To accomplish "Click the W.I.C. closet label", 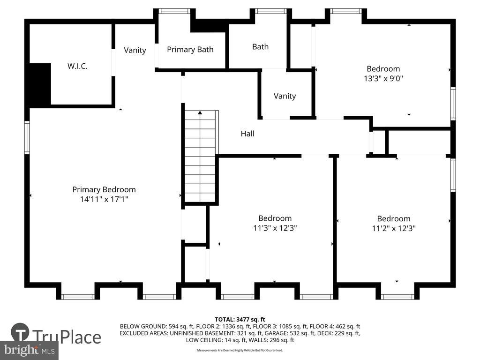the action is coord(77,66).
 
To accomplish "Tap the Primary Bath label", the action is coord(190,49).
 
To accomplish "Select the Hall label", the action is coord(247,134).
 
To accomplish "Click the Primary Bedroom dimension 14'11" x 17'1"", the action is coord(104,199).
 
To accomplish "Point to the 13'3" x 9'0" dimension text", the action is coord(383,78).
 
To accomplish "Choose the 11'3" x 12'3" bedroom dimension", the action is coord(275,228).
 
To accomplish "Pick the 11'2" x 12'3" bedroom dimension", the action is coord(394,228).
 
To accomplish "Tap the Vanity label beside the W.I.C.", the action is coord(135,50).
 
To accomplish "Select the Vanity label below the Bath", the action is coord(285,96).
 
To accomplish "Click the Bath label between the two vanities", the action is coord(261,46).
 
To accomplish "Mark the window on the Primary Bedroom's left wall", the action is coord(27,137).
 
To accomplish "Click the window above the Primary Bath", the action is coord(174,11).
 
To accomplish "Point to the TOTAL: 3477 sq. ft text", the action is coord(240,320).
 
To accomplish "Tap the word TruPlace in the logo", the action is coord(67,337).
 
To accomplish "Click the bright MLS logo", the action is coord(29,350).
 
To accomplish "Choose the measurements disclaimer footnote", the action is coord(240,350).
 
